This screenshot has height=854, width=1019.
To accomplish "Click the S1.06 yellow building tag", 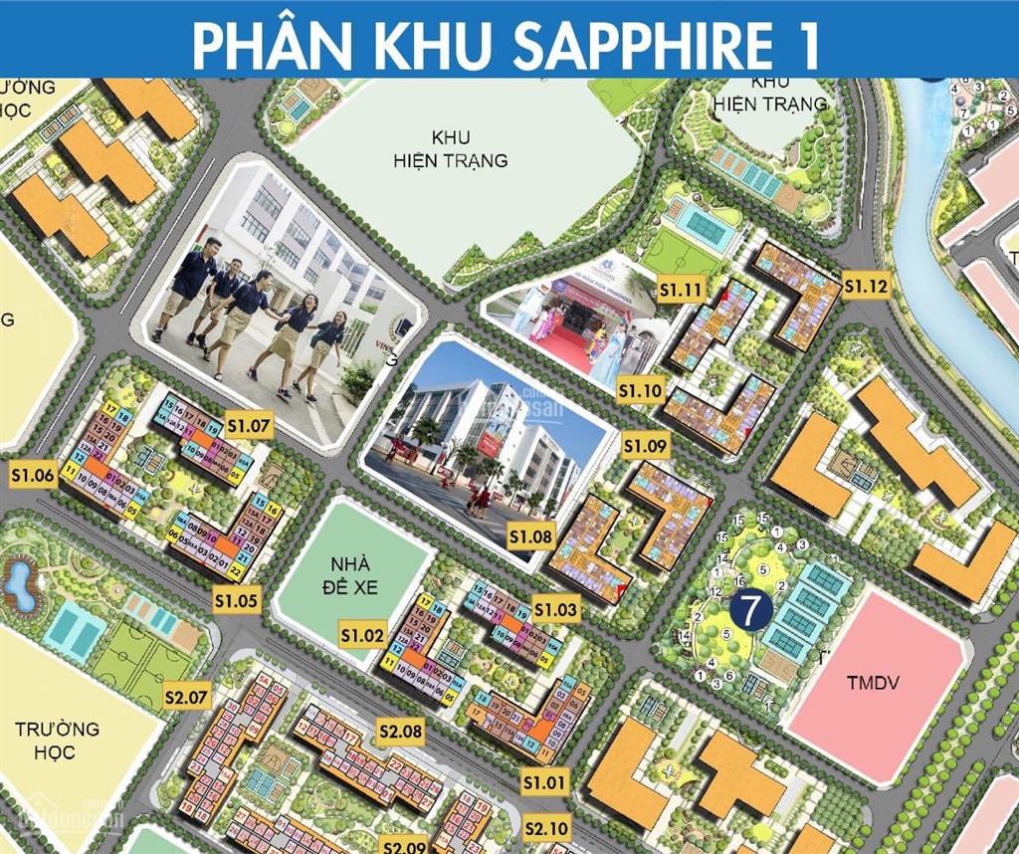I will pyautogui.click(x=32, y=476).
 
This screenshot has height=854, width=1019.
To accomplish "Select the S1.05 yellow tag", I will pyautogui.click(x=237, y=600).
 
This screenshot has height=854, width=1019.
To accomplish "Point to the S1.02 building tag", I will pyautogui.click(x=362, y=634).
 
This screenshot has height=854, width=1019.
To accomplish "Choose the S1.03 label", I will pyautogui.click(x=555, y=608).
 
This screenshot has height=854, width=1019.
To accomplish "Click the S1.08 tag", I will pyautogui.click(x=530, y=537).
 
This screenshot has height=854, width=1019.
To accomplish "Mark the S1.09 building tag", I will pyautogui.click(x=645, y=447).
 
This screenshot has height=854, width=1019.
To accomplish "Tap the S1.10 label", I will pyautogui.click(x=639, y=391).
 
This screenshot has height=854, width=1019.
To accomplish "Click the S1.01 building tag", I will pyautogui.click(x=545, y=781).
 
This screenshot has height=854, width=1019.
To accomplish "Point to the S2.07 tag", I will pyautogui.click(x=187, y=697).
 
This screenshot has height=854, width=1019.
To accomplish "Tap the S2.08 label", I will pyautogui.click(x=401, y=733).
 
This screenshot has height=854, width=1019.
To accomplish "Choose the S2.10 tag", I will pyautogui.click(x=545, y=827).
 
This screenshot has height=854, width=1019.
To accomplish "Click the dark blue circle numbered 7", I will pyautogui.click(x=750, y=608).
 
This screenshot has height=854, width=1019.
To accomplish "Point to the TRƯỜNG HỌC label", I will pyautogui.click(x=58, y=740).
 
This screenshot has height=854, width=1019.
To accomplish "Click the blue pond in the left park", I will pyautogui.click(x=19, y=585).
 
